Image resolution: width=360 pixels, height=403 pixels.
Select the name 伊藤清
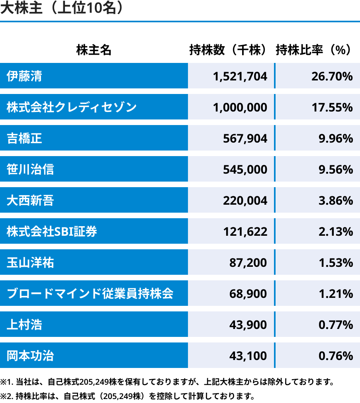click(x=24, y=76)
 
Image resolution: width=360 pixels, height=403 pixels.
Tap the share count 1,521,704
click(x=240, y=76)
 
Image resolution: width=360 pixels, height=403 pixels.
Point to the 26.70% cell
click(x=332, y=76)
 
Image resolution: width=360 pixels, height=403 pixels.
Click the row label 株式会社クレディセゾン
click(x=72, y=107)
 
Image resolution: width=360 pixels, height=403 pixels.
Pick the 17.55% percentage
click(x=332, y=107)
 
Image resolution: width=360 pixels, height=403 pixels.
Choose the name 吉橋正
click(x=24, y=138)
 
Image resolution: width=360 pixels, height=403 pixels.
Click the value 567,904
click(x=245, y=138)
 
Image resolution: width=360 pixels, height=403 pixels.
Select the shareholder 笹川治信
click(x=30, y=169)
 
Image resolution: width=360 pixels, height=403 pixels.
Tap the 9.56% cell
click(x=336, y=169)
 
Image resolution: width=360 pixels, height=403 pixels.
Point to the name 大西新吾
click(x=30, y=200)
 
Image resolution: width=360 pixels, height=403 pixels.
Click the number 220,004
click(x=245, y=200)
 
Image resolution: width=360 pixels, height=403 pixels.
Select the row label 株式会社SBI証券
click(x=52, y=231)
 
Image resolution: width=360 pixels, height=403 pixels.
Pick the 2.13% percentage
click(x=336, y=231)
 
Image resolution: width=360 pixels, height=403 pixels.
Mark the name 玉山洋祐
click(x=30, y=262)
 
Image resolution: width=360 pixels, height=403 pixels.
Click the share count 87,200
click(x=248, y=262)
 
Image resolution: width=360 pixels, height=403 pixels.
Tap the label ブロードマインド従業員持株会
click(x=90, y=293)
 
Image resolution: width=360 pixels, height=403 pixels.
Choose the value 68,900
click(x=248, y=293)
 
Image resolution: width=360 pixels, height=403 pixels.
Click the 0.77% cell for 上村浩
click(x=336, y=325)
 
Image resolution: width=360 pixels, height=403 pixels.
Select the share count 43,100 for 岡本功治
click(x=248, y=356)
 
